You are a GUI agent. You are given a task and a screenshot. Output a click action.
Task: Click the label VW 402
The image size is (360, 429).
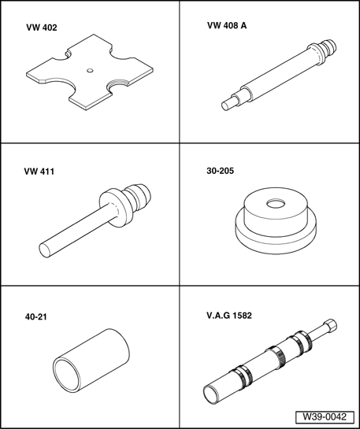42,28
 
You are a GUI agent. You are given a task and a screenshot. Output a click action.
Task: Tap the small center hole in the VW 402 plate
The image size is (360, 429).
90,71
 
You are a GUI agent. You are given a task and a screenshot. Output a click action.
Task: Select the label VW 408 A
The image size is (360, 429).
227,25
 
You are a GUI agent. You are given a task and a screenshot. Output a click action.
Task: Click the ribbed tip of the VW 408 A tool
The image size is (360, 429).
328,46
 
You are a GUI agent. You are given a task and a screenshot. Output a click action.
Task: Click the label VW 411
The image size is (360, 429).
39,172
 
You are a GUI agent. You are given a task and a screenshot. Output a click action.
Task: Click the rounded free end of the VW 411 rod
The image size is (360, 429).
45,250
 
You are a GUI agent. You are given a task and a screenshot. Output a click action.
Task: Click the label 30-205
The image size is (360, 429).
220,171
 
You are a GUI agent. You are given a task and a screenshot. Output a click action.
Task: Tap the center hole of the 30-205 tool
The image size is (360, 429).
276,204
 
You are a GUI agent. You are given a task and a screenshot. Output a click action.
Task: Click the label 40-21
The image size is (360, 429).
36,316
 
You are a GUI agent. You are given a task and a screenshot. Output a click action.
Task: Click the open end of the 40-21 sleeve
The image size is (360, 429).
66,375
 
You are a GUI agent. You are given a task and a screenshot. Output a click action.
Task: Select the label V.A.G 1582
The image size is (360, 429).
229,316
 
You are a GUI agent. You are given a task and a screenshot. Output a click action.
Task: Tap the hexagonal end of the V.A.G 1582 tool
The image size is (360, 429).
330,326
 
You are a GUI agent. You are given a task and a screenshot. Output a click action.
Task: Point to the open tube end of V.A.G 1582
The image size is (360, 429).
211,395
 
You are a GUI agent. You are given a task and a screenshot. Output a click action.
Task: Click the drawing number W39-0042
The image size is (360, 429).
325,417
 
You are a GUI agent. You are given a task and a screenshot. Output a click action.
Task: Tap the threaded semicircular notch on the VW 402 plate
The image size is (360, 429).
118,83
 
